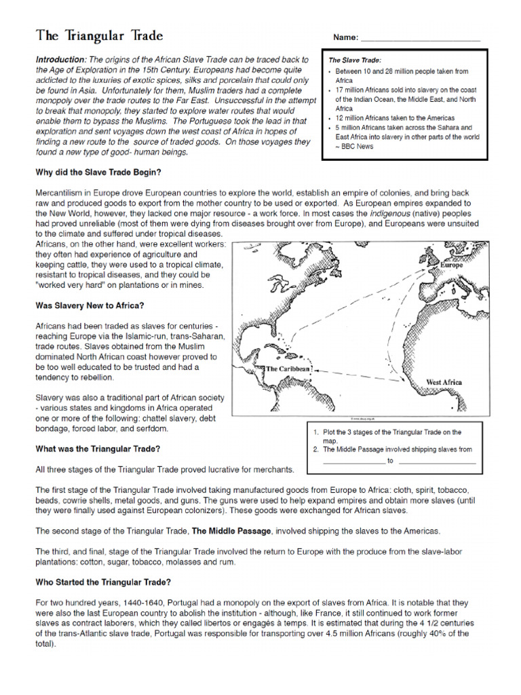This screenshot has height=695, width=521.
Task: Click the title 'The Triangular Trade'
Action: [99, 35]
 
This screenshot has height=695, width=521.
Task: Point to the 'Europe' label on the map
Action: [451, 265]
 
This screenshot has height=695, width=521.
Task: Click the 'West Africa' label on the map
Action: [444, 383]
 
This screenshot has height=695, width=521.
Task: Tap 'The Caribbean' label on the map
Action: [288, 369]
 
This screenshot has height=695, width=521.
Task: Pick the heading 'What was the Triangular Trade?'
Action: [98, 449]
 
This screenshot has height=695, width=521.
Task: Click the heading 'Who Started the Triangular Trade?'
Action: [103, 582]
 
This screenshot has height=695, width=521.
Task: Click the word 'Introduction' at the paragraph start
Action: [60, 60]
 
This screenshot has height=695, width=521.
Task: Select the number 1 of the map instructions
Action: [315, 432]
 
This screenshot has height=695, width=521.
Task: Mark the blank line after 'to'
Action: [438, 462]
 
